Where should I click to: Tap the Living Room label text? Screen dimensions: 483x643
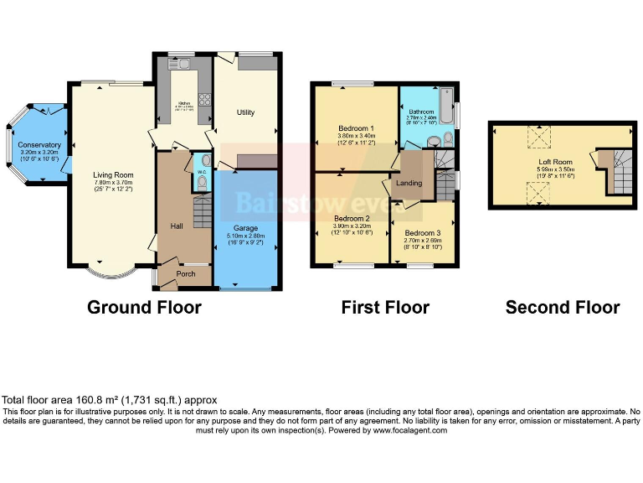click(x=113, y=175)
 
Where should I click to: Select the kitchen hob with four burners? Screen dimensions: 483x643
click(x=204, y=96)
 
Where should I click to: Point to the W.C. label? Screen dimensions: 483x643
click(x=202, y=172)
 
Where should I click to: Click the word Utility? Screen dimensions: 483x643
click(x=245, y=112)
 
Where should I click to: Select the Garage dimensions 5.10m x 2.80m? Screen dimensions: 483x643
click(x=245, y=237)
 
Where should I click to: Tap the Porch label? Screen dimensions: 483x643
click(x=185, y=273)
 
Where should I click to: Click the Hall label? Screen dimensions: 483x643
click(x=177, y=226)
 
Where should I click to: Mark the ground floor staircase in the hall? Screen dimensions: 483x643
click(x=202, y=214)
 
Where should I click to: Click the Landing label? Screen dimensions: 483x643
click(x=409, y=183)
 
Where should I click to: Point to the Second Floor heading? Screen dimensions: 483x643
click(x=562, y=308)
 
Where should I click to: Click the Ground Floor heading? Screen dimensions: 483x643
click(x=144, y=308)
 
